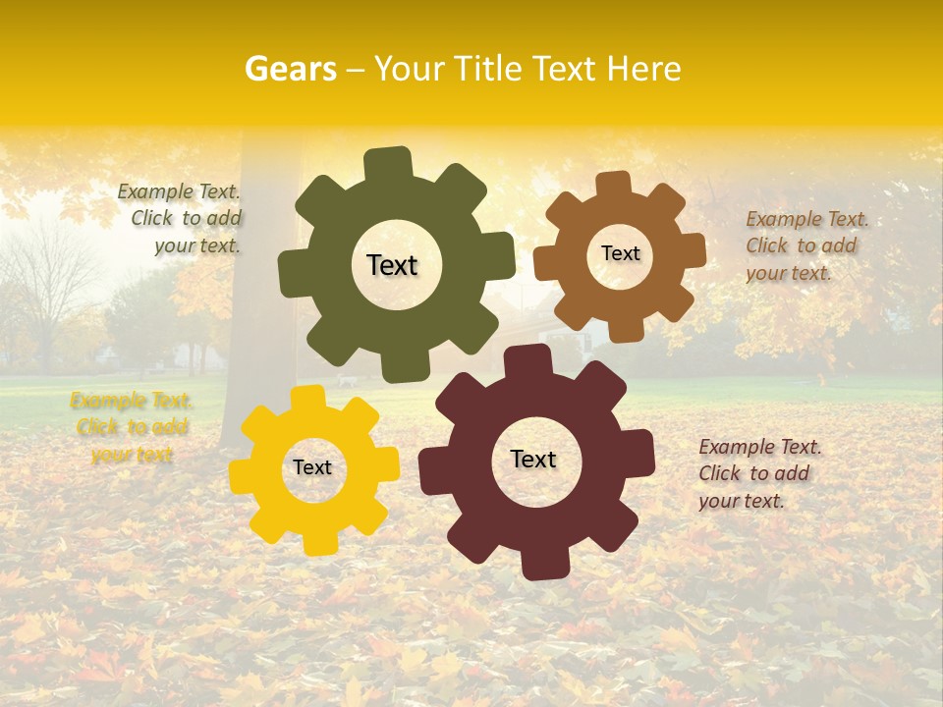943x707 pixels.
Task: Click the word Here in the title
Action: coord(643,69)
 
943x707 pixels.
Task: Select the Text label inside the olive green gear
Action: coord(392,265)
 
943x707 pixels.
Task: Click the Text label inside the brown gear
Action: coord(620,253)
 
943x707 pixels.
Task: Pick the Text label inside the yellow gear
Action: coord(312,468)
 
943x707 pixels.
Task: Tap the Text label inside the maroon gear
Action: coord(533,460)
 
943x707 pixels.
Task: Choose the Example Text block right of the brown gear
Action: coord(804,246)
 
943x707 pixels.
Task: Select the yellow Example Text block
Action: coord(132,427)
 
